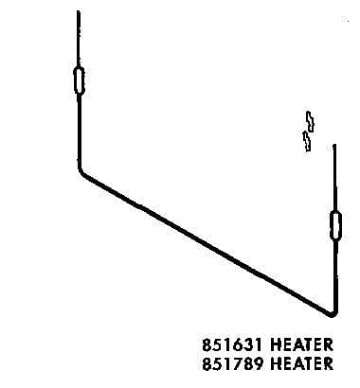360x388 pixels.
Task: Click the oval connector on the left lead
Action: click(79, 80)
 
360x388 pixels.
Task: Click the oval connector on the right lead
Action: click(335, 225)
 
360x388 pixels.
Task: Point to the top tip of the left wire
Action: click(79, 11)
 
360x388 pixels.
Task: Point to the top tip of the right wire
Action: click(334, 145)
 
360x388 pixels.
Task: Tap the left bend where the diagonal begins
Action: click(81, 172)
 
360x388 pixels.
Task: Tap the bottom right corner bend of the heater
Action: click(333, 314)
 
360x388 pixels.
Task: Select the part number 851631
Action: click(232, 344)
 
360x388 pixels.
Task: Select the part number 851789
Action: click(232, 363)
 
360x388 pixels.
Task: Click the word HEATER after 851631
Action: click(301, 344)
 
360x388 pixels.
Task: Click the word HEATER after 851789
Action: click(301, 363)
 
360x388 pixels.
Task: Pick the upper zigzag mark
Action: click(311, 121)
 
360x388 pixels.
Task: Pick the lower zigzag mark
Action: click(307, 141)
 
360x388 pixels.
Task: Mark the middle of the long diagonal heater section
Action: click(206, 243)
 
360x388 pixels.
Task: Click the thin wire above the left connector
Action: click(79, 39)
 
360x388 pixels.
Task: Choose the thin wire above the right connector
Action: click(334, 178)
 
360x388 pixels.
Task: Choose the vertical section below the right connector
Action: click(335, 275)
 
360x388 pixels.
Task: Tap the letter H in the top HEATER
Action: click(276, 344)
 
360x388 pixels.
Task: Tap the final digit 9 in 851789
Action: click(258, 363)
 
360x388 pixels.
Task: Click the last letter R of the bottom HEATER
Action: click(328, 363)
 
